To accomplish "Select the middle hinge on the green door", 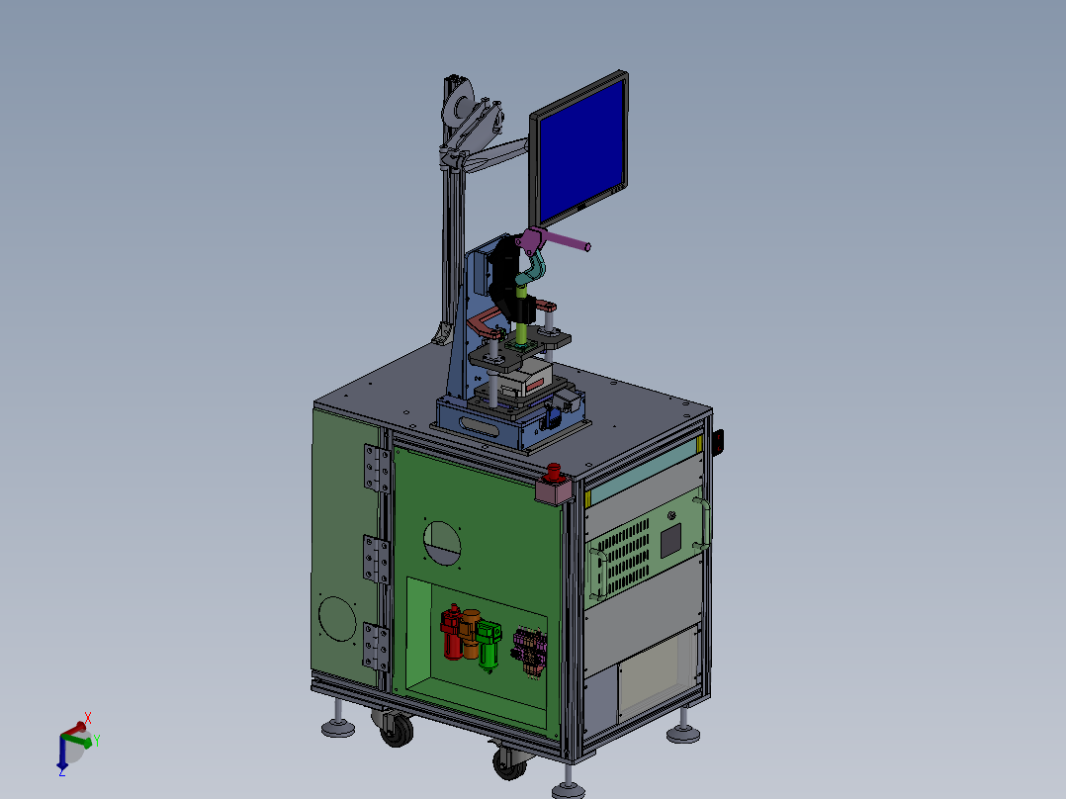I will [x=377, y=559].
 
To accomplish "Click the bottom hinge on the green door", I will [x=377, y=647].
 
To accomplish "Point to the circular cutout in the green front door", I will [x=444, y=542].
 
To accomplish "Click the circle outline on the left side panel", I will [x=337, y=619].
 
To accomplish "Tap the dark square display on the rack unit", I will [x=671, y=539].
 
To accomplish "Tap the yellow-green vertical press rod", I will [x=521, y=314].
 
